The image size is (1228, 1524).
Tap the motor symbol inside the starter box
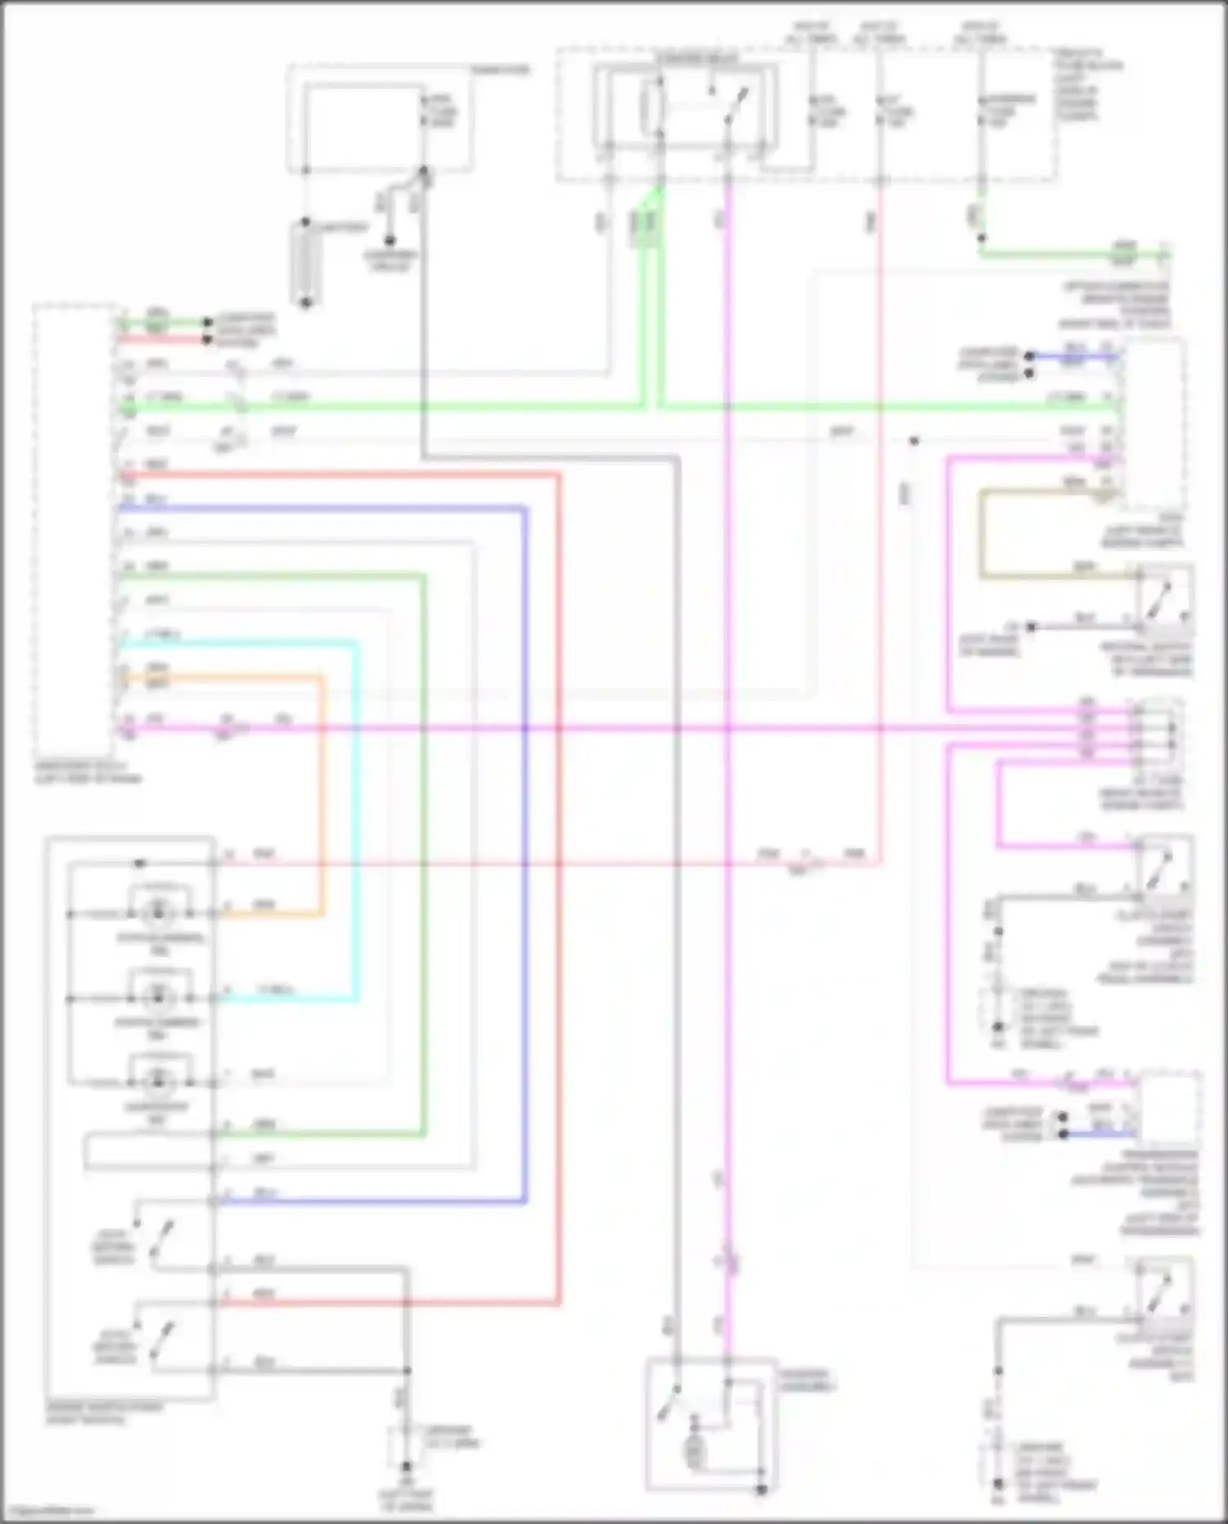[x=695, y=1452]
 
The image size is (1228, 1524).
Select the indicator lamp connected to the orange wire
[x=157, y=911]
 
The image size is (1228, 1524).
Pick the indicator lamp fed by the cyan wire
[x=157, y=997]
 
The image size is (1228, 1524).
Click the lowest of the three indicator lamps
[x=157, y=1081]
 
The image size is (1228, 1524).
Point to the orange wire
[x=321, y=794]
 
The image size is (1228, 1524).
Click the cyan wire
[x=356, y=819]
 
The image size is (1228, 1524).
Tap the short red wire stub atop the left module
[x=164, y=338]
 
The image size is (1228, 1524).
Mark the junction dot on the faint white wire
[x=914, y=441]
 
